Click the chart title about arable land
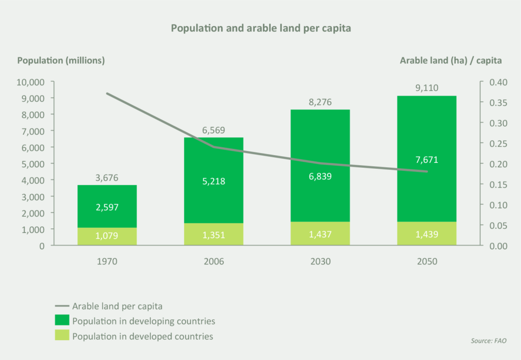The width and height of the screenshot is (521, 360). pos(260,28)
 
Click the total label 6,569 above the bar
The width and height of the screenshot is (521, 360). pos(214,131)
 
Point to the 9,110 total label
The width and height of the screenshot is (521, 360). pos(426,88)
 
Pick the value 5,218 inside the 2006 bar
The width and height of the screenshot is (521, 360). pos(214,182)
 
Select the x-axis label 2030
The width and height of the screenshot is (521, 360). pos(320,262)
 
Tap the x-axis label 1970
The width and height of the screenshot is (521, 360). pos(107,262)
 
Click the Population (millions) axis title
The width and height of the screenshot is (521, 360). pos(61,60)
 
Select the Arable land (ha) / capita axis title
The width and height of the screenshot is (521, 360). pos(451,60)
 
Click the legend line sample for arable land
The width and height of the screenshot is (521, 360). pos(61,306)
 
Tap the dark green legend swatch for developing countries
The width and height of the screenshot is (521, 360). pos(61,321)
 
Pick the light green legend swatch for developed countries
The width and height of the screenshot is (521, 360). pos(61,336)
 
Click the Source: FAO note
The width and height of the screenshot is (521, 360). pos(488,341)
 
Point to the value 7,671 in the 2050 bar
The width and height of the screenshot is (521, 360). pos(426,160)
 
